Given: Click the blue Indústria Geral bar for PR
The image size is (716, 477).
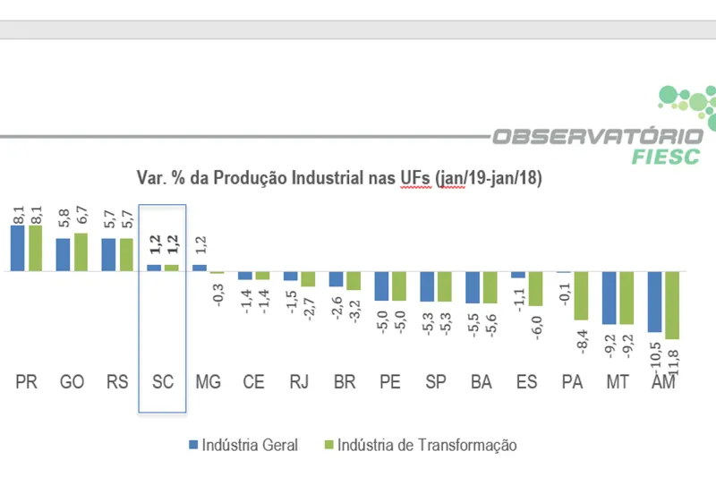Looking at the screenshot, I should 17,248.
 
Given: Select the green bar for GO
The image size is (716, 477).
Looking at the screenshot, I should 79,251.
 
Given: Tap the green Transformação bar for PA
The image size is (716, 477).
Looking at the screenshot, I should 580,295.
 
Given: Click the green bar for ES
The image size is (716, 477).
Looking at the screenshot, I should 534,288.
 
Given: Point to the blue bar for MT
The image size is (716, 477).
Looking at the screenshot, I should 609,297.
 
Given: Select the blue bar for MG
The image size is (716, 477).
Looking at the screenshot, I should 200,267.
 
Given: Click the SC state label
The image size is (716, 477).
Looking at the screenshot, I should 162,382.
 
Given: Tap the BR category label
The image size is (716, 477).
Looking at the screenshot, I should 345,382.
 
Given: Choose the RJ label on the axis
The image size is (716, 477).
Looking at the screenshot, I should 299,382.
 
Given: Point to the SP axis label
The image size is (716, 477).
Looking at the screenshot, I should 435,382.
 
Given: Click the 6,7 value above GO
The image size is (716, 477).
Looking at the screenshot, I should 81,217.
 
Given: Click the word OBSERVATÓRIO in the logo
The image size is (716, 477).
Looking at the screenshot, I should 598,136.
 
